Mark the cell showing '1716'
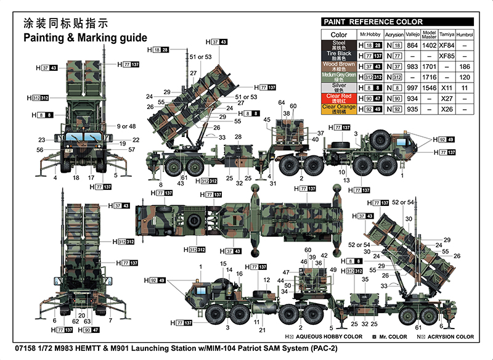(x=430, y=77)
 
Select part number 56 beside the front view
(x=39, y=150)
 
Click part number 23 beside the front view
(x=41, y=140)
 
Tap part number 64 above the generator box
(x=281, y=102)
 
